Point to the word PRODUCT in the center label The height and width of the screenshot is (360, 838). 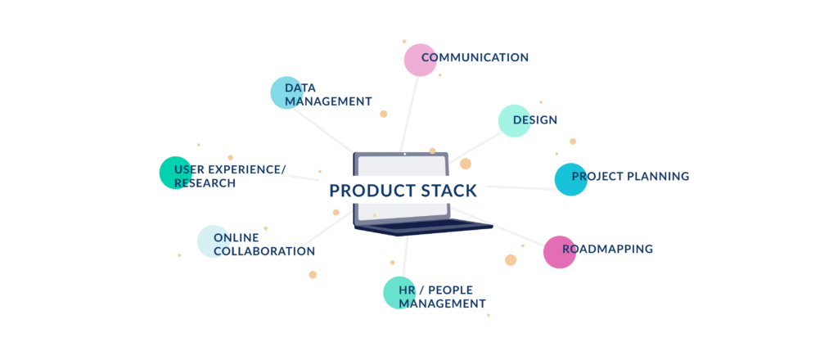(x=364, y=191)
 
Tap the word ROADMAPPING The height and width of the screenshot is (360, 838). (x=608, y=249)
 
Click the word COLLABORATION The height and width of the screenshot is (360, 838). (x=264, y=252)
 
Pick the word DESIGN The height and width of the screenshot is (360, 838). (x=535, y=120)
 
